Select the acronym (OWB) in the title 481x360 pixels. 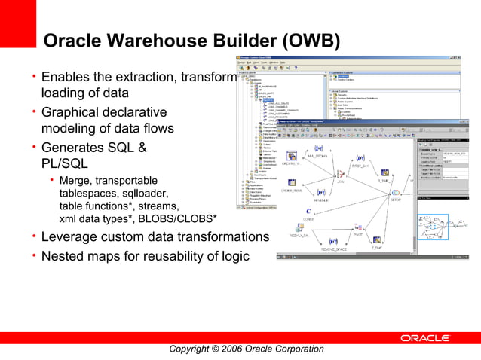click(302, 41)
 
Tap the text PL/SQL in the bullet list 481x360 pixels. click(65, 163)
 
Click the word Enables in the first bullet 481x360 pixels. click(65, 78)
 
